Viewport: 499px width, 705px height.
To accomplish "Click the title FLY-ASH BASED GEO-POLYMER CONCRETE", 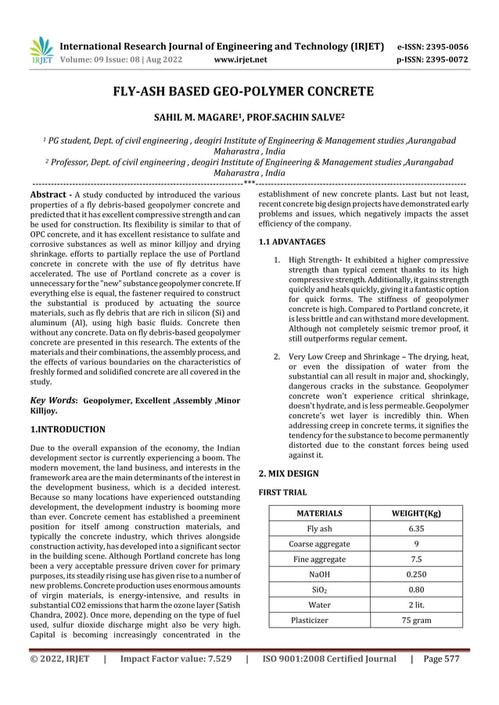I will coord(249,92).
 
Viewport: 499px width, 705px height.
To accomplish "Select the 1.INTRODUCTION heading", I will coord(66,429).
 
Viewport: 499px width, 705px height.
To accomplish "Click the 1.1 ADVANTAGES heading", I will coord(292,242).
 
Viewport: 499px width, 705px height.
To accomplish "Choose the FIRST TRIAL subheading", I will coord(282,493).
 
